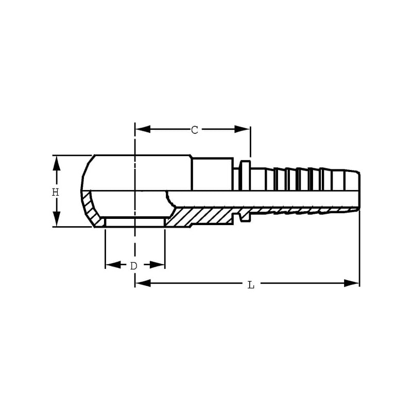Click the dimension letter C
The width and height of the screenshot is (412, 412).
click(195, 130)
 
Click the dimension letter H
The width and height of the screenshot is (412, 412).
click(55, 192)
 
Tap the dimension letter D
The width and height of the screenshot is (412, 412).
click(134, 266)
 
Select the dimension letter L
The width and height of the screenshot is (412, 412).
click(251, 285)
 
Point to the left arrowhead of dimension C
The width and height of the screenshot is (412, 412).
click(143, 129)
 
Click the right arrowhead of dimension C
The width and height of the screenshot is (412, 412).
click(242, 129)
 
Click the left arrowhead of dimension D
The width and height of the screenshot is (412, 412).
click(113, 265)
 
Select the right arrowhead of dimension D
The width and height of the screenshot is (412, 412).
click(157, 265)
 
